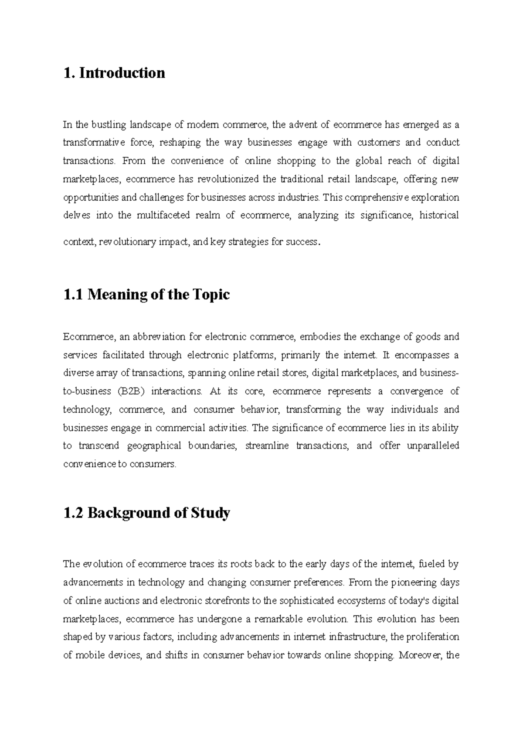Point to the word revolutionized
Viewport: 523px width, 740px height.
[228, 179]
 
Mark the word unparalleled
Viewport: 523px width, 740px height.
[433, 445]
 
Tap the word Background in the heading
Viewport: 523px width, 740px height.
[128, 513]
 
